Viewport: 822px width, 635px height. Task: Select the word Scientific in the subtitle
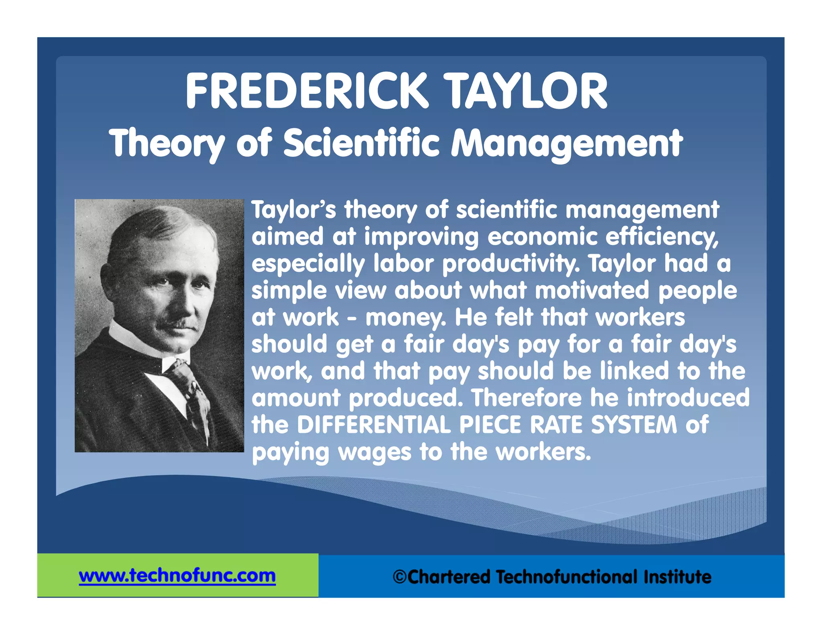click(362, 143)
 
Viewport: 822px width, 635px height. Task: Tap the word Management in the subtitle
click(566, 144)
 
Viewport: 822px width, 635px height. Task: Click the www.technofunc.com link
click(177, 576)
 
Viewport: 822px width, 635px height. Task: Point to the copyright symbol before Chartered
click(400, 577)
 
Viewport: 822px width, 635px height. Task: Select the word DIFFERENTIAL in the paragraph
click(374, 425)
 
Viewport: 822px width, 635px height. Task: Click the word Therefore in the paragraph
click(526, 397)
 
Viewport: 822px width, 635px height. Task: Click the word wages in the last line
click(374, 452)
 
